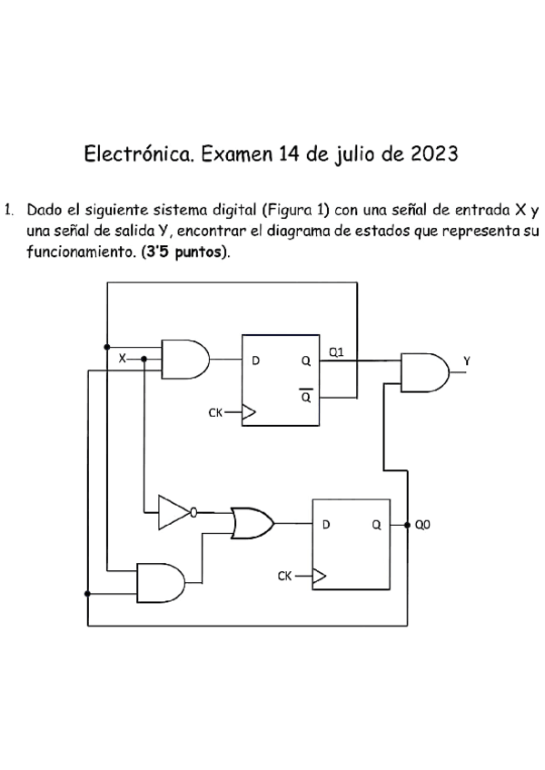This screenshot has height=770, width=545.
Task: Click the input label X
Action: click(123, 359)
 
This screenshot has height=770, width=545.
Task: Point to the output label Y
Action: click(468, 361)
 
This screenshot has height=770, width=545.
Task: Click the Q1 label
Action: click(336, 352)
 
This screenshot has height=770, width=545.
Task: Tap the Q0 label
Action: click(423, 525)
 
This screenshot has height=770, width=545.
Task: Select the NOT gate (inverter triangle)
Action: click(173, 512)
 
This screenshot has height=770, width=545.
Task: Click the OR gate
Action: click(251, 522)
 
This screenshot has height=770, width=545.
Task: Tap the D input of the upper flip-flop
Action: click(255, 360)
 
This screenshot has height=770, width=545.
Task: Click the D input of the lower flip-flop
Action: click(326, 524)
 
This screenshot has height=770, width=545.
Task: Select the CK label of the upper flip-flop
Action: click(215, 413)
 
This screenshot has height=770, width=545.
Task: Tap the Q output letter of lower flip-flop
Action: click(375, 524)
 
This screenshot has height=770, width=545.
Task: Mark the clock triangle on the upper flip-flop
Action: click(248, 413)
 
